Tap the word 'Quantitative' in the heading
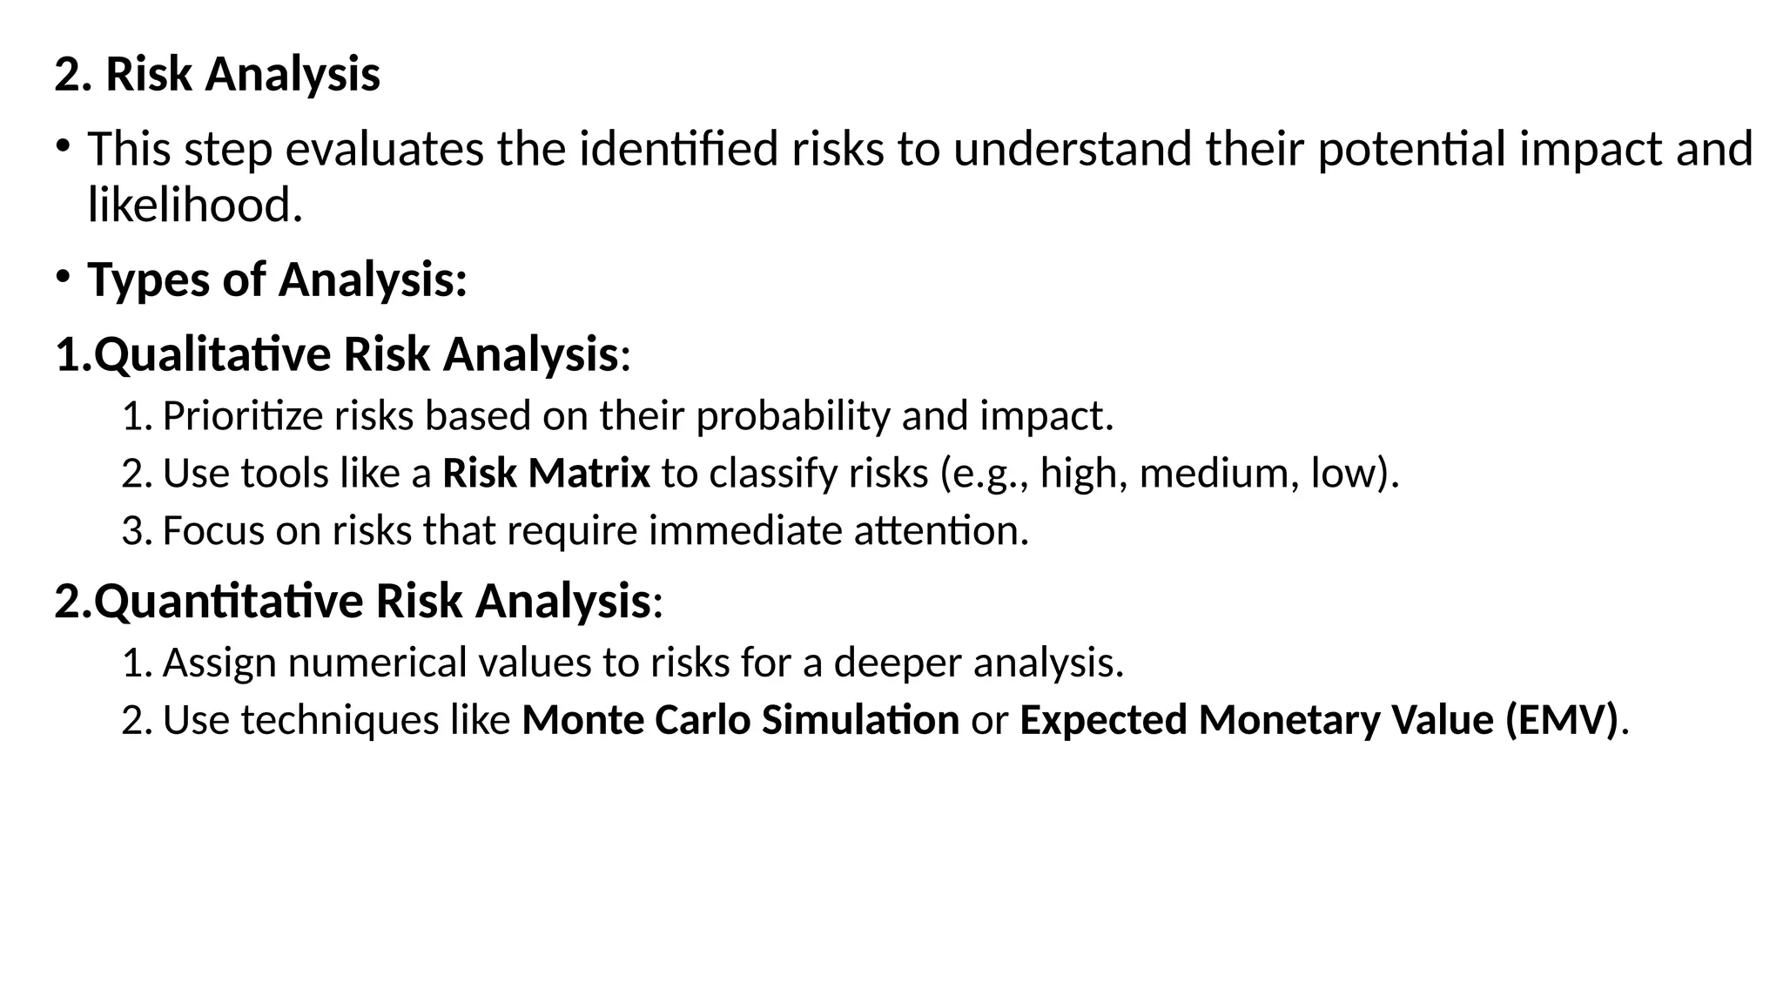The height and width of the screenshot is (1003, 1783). tap(229, 602)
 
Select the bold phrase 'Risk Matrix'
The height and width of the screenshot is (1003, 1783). tap(546, 474)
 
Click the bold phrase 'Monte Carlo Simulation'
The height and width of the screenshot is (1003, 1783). tap(740, 720)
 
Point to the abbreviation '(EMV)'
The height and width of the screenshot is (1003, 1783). tap(1562, 720)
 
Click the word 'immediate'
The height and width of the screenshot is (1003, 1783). tap(745, 531)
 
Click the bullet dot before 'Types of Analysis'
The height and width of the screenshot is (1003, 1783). tap(63, 277)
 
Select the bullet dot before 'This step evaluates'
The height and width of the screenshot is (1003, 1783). tap(63, 145)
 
